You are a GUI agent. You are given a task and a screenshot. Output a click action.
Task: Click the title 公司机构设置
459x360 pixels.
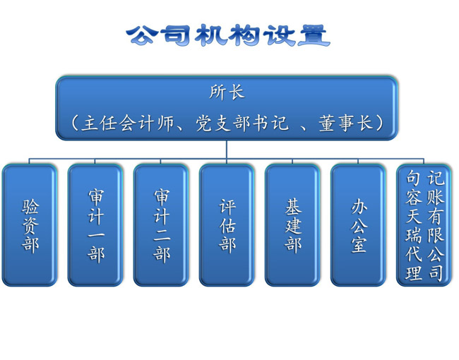[228, 36]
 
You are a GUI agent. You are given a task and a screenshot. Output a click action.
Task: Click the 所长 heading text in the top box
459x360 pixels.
[227, 92]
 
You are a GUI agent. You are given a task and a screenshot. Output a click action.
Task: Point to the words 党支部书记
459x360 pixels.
[242, 123]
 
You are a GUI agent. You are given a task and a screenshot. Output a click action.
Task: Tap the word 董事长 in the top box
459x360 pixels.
[346, 123]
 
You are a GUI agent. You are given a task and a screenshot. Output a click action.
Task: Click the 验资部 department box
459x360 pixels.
[30, 225]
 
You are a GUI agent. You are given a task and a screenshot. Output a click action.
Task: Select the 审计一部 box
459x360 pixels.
[95, 225]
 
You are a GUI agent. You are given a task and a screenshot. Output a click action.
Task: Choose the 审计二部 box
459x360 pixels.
[161, 225]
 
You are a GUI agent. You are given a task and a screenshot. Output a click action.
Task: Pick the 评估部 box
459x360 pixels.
[227, 225]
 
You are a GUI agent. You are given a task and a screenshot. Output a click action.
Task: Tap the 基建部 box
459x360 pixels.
[293, 225]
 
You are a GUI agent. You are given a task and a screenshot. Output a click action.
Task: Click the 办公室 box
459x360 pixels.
[358, 225]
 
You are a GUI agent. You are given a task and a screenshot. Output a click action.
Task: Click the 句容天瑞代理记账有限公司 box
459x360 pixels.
[424, 225]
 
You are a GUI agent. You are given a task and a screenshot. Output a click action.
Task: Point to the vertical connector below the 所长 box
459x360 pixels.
[227, 150]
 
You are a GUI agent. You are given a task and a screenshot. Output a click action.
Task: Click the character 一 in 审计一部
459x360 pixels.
[96, 236]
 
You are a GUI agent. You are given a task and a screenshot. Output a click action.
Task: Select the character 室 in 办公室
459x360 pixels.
[359, 245]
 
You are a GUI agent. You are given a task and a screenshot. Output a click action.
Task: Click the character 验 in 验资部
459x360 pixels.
[30, 207]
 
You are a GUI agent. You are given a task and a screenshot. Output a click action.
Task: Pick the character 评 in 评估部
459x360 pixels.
[227, 207]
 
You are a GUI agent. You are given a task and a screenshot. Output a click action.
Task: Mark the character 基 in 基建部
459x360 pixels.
[293, 207]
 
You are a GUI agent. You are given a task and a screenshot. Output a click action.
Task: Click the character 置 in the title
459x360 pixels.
[314, 36]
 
